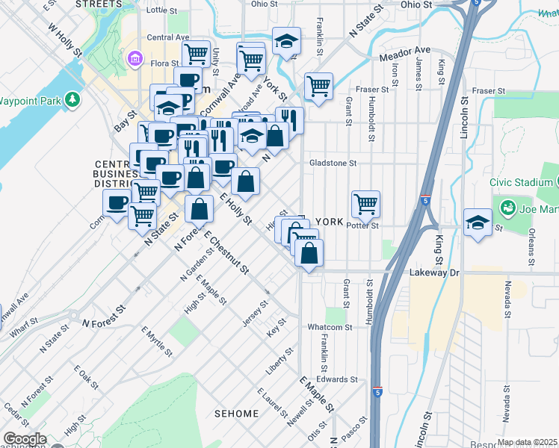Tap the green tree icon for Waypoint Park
tap(72, 99)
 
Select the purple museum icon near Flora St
tap(136, 58)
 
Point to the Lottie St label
tap(162, 11)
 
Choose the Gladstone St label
tap(333, 162)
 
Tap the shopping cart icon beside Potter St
tap(365, 203)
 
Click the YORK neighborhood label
tap(329, 222)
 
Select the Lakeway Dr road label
tap(433, 273)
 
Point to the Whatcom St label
tap(330, 326)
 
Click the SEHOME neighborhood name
tap(237, 413)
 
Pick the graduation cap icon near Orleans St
tap(478, 222)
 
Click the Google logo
tap(25, 439)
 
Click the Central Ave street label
tap(168, 37)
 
